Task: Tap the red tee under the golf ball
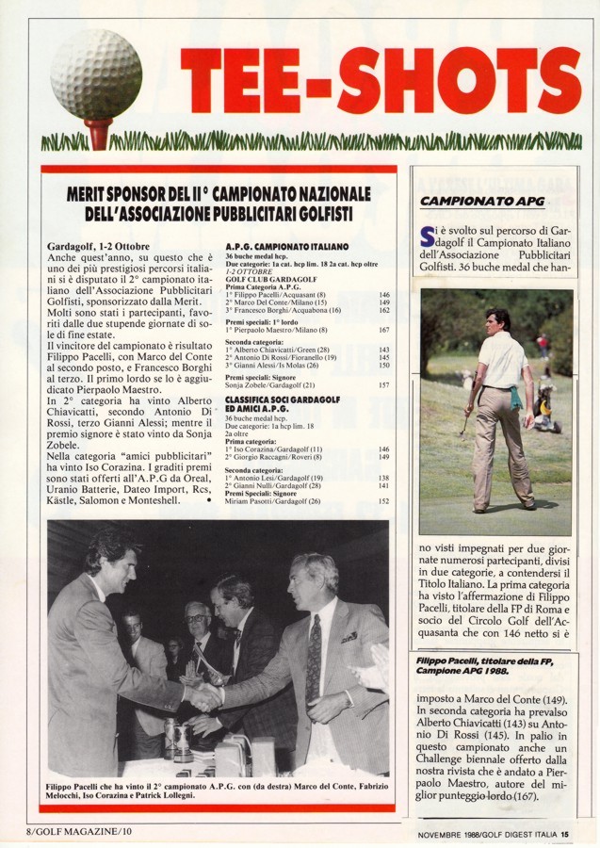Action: point(97,132)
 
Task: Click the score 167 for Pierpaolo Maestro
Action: point(384,330)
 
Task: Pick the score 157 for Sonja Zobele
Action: point(384,385)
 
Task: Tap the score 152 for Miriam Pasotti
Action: point(384,501)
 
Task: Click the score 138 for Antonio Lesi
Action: point(384,478)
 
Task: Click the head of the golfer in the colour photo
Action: point(498,319)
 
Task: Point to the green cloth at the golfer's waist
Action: point(516,397)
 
